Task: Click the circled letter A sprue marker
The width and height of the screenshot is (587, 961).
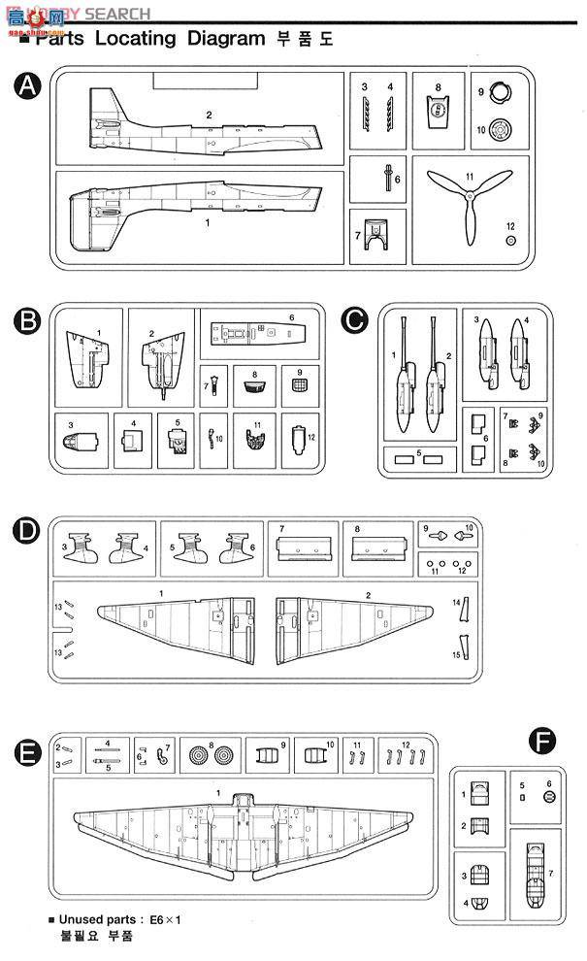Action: [29, 87]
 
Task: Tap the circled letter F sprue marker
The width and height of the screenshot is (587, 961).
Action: [542, 743]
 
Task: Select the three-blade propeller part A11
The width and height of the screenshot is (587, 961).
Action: [465, 204]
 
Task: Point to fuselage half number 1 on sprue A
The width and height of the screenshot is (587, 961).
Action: [194, 208]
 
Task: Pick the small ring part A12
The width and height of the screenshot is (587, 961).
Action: [511, 241]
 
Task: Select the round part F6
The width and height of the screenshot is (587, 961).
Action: [549, 797]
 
